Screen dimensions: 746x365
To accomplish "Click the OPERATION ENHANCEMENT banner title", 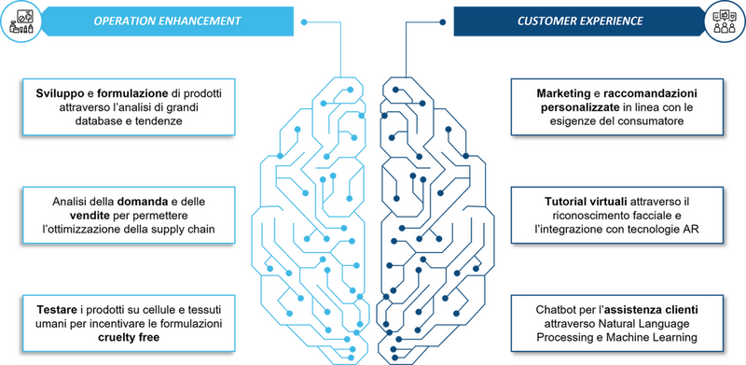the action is click(x=168, y=21).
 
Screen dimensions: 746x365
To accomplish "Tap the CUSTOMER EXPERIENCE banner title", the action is click(x=580, y=21).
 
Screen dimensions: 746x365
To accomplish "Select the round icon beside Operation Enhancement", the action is click(x=21, y=21).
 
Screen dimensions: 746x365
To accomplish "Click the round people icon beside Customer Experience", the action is click(x=725, y=21).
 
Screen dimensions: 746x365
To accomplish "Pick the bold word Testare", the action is click(x=57, y=310).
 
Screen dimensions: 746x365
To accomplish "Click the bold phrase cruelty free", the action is click(x=129, y=338).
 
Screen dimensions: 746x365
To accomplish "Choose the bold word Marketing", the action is click(x=559, y=93).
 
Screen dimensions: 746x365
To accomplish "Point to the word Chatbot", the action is click(x=553, y=310).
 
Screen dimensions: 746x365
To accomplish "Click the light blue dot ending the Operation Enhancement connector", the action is click(x=304, y=21).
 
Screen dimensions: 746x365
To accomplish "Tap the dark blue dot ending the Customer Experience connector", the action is click(x=442, y=21).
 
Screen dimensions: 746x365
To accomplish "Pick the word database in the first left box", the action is click(x=97, y=121).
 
